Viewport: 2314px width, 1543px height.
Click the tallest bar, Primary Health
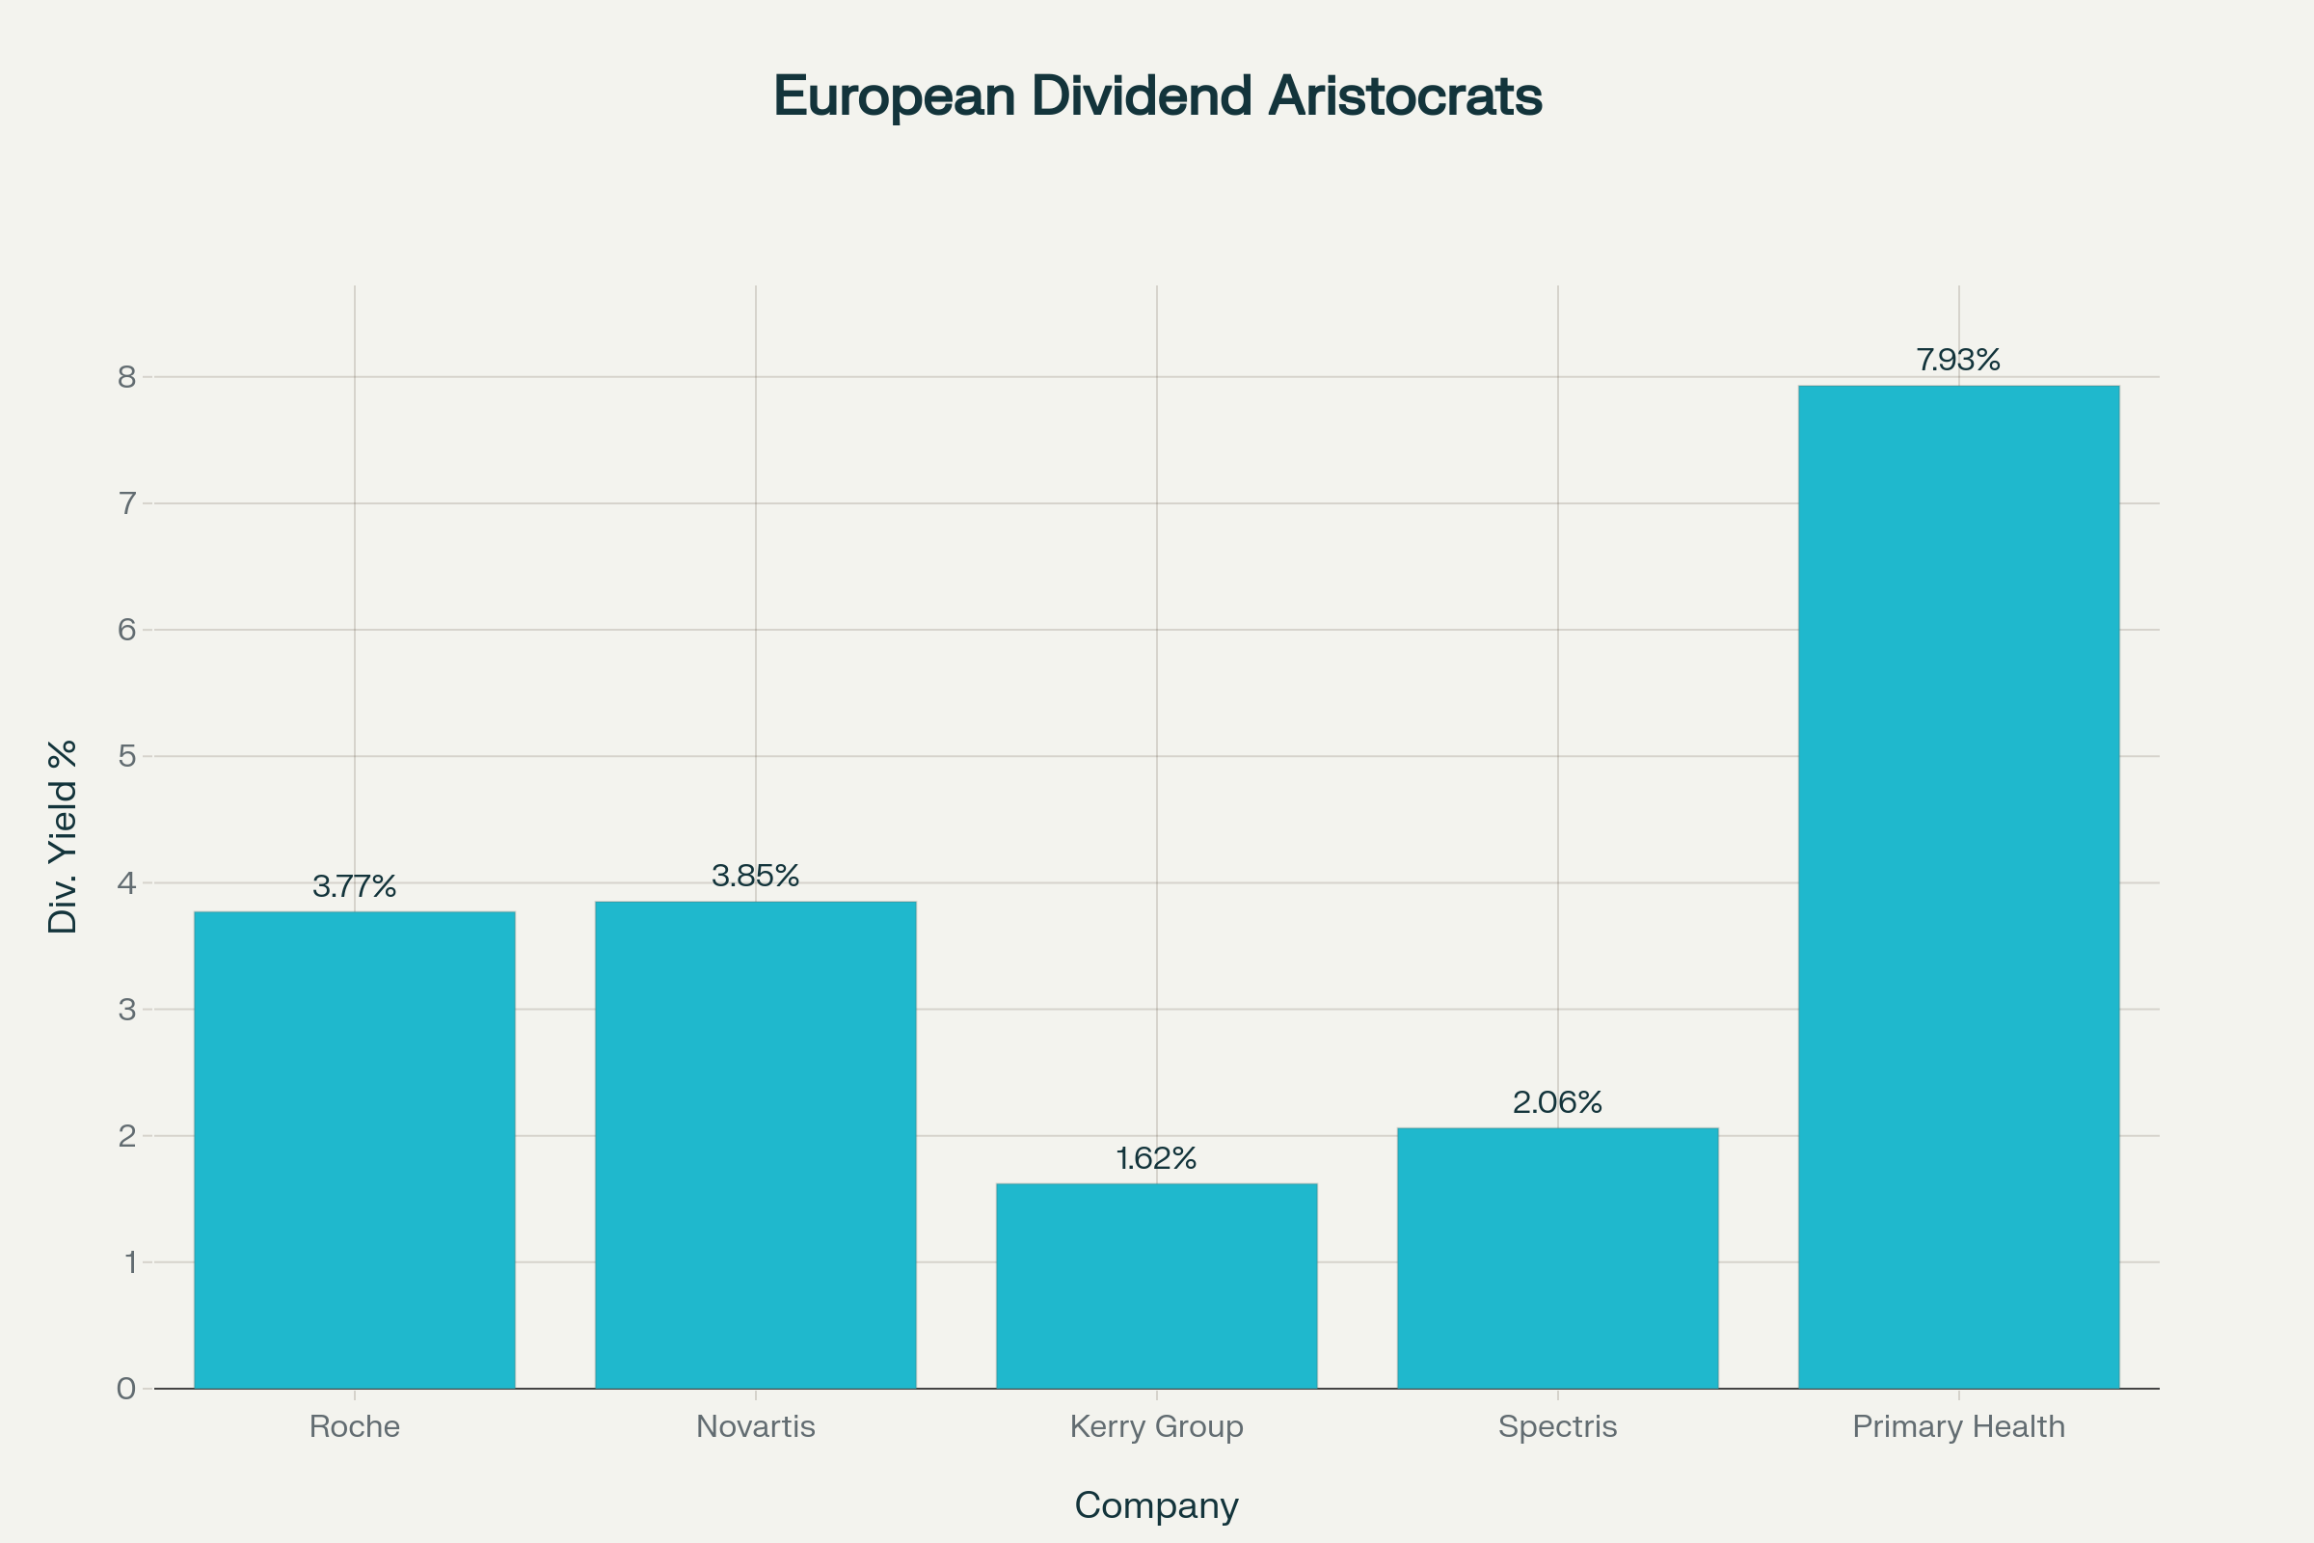pos(1958,886)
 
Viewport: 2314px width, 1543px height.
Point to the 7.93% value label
pos(1958,360)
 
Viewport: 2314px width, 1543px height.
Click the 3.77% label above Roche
pos(354,886)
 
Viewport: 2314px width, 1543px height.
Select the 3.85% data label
pos(756,876)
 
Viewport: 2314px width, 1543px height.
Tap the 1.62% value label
pos(1156,1158)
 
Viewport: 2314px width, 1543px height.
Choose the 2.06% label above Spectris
pos(1557,1102)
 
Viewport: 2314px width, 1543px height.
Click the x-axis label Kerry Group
pos(1156,1426)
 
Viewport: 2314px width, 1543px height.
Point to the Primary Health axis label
pos(1958,1426)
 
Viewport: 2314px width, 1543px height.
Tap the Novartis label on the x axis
pos(756,1426)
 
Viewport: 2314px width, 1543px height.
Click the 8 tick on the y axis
pos(127,377)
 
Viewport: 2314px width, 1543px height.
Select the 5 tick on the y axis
pos(127,756)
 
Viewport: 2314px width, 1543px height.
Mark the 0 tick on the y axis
pos(127,1389)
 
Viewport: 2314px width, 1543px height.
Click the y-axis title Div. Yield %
pos(63,836)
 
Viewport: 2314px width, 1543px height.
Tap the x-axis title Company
pos(1156,1505)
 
